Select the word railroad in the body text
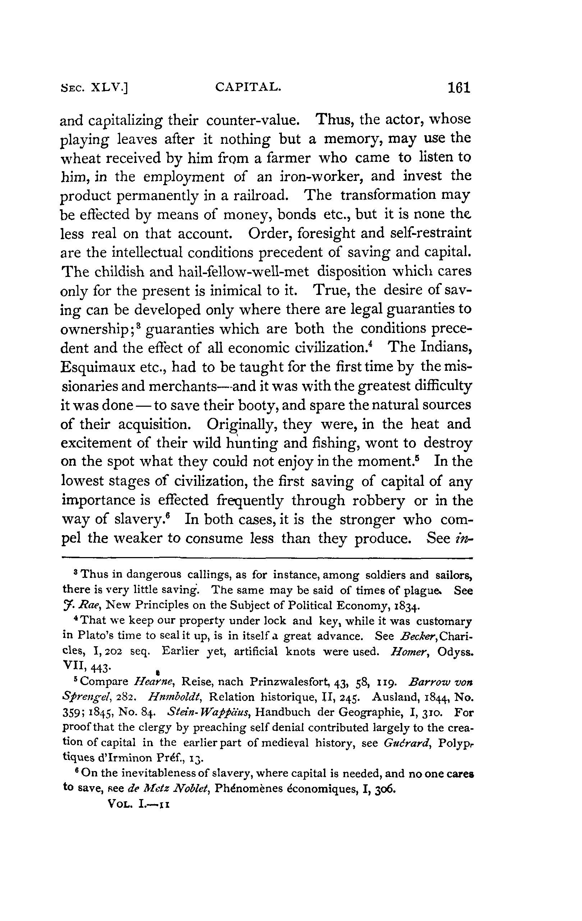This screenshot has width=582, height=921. point(260,195)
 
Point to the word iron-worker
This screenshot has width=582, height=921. point(309,176)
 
